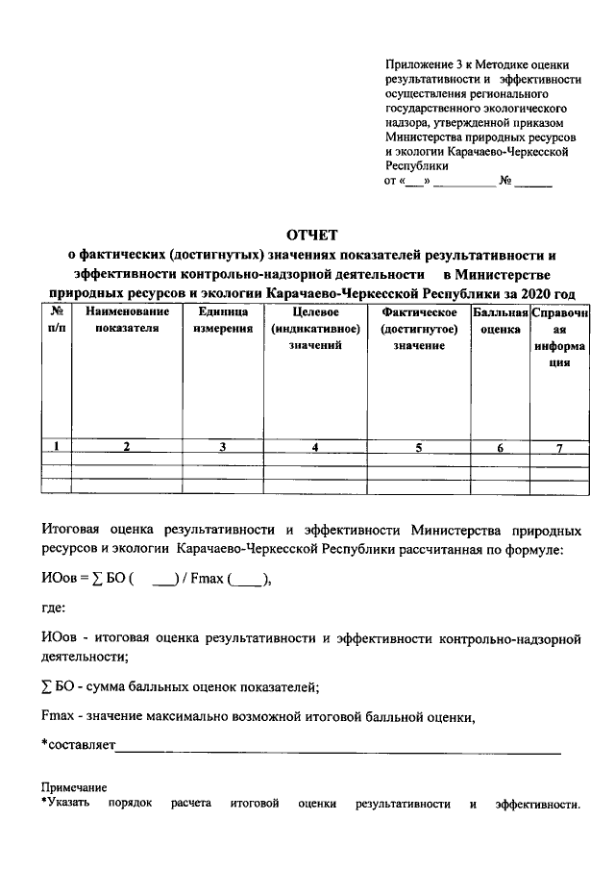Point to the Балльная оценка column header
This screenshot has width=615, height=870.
(500, 321)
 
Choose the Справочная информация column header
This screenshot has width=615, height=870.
(559, 337)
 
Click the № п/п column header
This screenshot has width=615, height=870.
(58, 321)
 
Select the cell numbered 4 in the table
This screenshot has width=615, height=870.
(314, 446)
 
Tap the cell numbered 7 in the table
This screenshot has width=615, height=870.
(559, 446)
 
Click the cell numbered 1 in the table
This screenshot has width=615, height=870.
(58, 446)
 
